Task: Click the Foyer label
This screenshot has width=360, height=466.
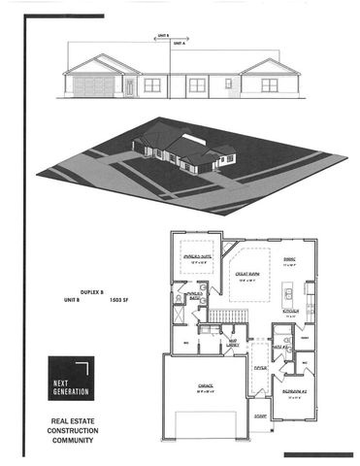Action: [260, 368]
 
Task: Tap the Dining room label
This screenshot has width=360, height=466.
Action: [288, 259]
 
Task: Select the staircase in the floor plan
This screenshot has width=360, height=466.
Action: [224, 318]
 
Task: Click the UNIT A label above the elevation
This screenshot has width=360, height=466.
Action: [179, 44]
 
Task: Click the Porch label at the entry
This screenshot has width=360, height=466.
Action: [259, 416]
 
